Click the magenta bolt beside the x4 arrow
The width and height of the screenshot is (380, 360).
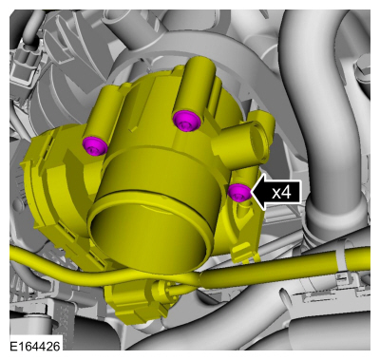(239, 192)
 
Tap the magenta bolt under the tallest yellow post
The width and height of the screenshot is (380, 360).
(187, 121)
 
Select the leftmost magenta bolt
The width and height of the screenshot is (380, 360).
(95, 146)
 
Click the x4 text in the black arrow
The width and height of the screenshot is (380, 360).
(281, 192)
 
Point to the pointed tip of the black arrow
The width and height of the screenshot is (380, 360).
(252, 192)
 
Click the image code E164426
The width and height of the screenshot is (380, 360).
(35, 346)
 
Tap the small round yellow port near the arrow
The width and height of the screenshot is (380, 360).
(258, 142)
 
